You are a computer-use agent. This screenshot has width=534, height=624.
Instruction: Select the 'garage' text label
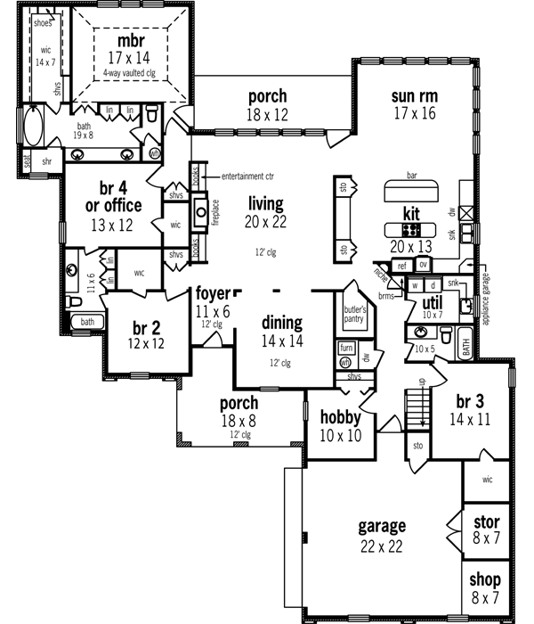[382, 525]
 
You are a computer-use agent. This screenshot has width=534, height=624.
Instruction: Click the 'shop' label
[486, 579]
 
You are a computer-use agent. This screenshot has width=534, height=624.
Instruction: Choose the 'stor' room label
[487, 521]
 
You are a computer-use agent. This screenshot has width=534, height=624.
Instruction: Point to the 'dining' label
[281, 323]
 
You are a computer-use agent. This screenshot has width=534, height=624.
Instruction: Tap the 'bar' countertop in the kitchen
[411, 193]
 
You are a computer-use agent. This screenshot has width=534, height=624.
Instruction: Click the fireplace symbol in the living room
[201, 212]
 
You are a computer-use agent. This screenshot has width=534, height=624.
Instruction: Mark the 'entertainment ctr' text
[248, 176]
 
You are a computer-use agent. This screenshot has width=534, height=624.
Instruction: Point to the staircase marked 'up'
[417, 406]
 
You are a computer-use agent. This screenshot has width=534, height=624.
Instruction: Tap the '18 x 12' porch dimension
[267, 114]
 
